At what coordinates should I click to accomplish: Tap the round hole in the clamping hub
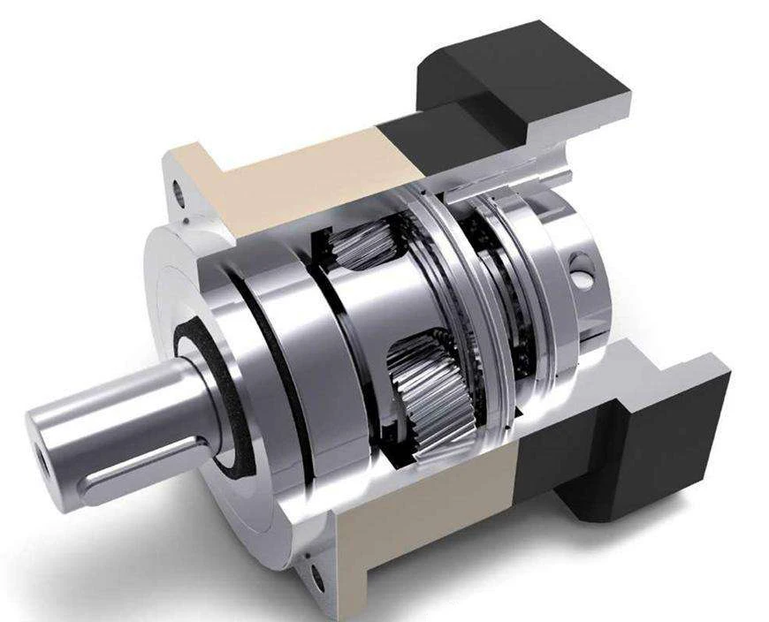[x=580, y=271]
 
